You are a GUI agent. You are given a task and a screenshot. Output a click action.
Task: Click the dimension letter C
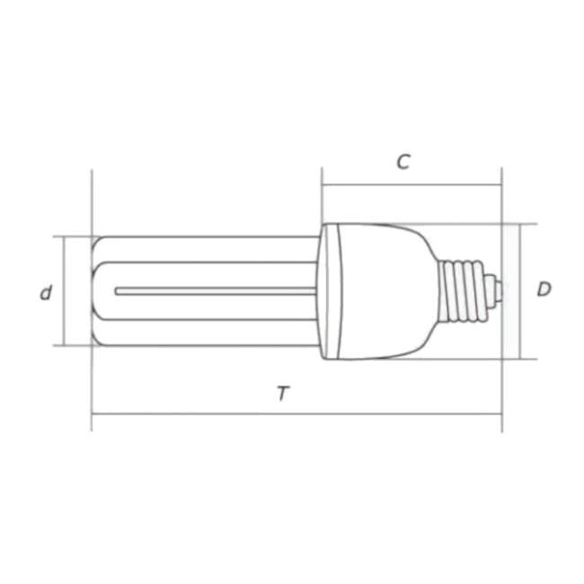click(x=403, y=162)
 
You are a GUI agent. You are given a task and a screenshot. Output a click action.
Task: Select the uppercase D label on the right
click(x=544, y=289)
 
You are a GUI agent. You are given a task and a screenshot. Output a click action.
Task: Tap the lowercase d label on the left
click(x=46, y=292)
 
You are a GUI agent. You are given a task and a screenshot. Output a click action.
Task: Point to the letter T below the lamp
click(x=283, y=394)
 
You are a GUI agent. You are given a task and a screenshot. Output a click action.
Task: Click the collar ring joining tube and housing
click(x=329, y=290)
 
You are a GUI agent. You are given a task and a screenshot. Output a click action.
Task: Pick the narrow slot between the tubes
click(x=216, y=290)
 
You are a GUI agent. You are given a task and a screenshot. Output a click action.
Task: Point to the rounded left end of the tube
click(x=96, y=290)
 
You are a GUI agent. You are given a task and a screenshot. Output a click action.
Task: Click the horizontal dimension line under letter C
click(x=411, y=186)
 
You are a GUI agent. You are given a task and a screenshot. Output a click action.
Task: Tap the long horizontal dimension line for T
click(x=296, y=414)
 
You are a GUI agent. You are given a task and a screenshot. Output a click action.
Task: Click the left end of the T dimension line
click(x=93, y=414)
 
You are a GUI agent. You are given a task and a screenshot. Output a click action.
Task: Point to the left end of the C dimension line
click(x=323, y=186)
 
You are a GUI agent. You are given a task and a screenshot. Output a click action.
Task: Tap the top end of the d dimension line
click(x=61, y=237)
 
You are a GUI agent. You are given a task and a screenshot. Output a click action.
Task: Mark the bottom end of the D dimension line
click(x=520, y=358)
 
